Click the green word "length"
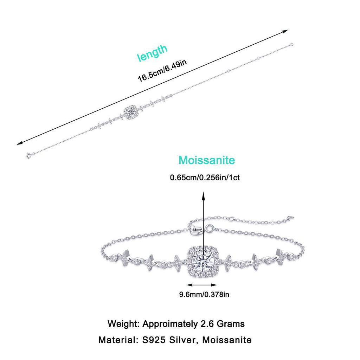point(152,53)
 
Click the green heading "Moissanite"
point(207,160)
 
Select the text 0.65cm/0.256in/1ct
point(205,178)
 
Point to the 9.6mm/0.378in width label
point(204,294)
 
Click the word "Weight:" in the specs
point(123,324)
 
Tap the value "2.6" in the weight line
point(207,324)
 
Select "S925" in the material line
point(154,340)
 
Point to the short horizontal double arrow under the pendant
point(202,285)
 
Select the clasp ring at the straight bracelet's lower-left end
point(28,156)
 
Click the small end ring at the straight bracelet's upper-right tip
point(292,44)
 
